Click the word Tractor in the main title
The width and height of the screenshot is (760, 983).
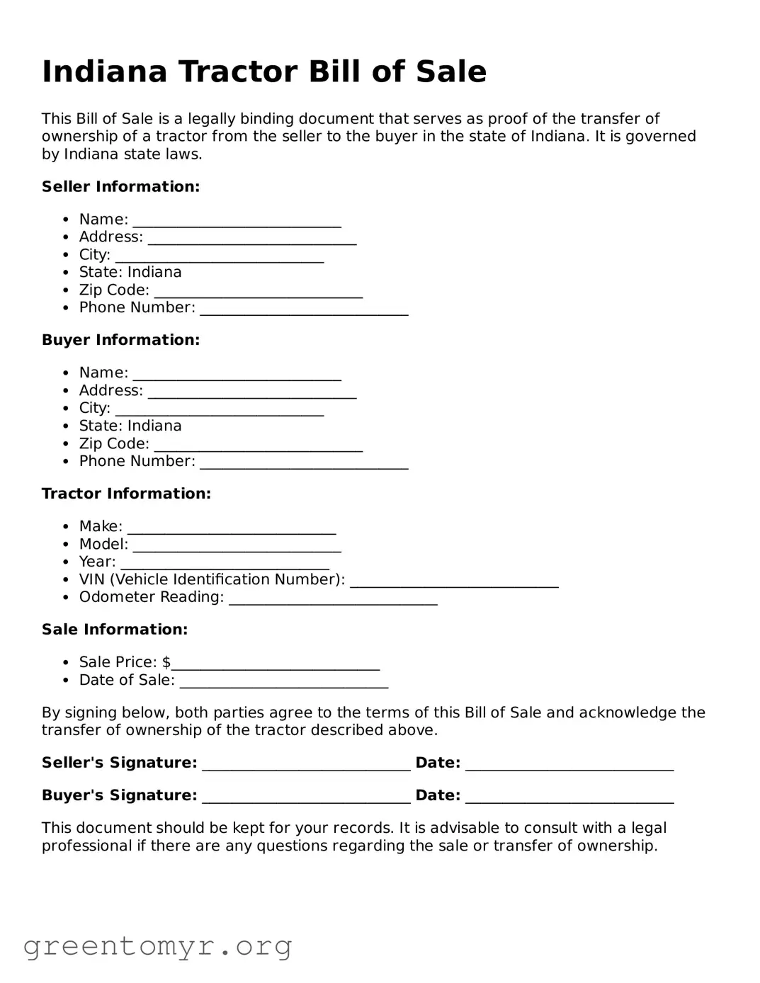click(237, 72)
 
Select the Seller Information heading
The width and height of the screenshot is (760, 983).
click(120, 187)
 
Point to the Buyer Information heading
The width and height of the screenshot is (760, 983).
click(120, 340)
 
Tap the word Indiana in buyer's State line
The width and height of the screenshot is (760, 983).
click(154, 426)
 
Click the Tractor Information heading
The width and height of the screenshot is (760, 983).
click(126, 494)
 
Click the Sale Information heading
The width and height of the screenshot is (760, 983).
click(115, 630)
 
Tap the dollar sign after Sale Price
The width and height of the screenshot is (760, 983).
click(166, 662)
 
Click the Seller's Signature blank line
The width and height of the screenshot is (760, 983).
click(306, 766)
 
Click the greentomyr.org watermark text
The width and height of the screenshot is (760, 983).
click(157, 946)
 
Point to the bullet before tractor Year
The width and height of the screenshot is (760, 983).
click(65, 562)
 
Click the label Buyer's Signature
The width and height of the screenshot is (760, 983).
click(119, 795)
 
